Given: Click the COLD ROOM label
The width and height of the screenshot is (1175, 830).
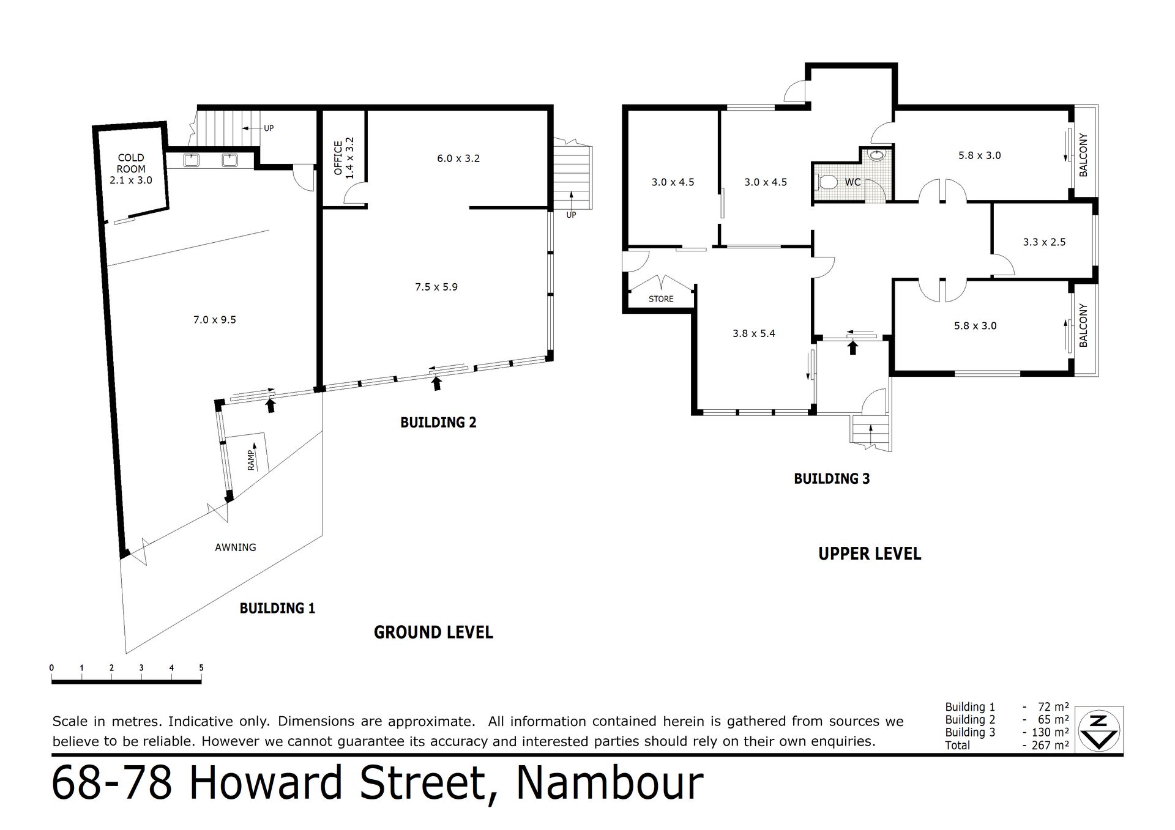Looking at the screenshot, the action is click(131, 163).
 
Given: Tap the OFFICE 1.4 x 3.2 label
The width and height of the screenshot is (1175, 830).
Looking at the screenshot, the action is click(343, 158).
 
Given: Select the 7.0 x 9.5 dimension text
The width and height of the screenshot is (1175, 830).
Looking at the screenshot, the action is click(214, 319).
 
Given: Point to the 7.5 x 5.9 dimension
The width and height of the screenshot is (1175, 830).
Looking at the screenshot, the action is click(436, 286).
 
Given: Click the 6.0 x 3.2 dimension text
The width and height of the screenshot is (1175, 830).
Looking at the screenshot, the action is click(458, 158).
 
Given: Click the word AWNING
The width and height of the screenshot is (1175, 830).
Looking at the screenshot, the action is click(236, 547).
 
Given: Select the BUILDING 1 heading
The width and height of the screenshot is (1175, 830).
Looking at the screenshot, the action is click(277, 608).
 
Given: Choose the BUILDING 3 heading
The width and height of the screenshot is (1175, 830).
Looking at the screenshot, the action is click(832, 479).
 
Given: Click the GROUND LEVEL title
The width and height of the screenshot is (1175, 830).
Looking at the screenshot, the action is click(433, 632).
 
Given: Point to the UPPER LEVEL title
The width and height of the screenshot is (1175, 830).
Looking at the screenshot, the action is click(870, 554).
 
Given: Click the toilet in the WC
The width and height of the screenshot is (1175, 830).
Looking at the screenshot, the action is click(826, 182).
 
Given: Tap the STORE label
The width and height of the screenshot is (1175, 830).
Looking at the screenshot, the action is click(661, 299).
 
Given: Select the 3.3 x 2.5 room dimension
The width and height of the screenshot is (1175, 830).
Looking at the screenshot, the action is click(1044, 242).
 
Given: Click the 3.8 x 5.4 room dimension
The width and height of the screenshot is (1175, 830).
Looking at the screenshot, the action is click(754, 333).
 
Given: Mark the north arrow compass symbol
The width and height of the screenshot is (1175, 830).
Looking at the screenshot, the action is click(1100, 730).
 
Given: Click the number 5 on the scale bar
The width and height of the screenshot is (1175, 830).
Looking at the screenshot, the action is click(201, 668).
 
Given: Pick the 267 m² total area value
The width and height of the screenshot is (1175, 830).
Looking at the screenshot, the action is click(1050, 745).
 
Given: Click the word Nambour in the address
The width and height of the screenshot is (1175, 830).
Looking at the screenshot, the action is click(610, 783).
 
